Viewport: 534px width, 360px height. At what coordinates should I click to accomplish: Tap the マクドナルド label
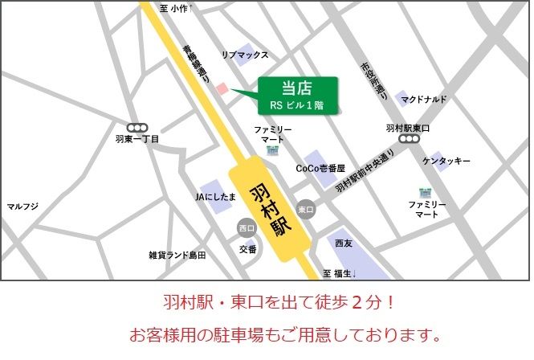click(x=425, y=100)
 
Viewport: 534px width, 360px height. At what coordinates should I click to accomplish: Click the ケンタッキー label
click(x=446, y=162)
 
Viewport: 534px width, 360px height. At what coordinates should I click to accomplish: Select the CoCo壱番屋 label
click(x=320, y=169)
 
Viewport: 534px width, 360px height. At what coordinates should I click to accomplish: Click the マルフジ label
click(x=22, y=207)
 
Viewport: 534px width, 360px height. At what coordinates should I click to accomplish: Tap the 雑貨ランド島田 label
click(x=177, y=256)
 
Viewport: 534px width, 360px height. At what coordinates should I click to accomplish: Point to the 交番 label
click(x=247, y=250)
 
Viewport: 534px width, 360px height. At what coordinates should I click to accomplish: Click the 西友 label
click(x=344, y=242)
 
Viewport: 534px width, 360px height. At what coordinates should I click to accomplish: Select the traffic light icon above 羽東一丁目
click(x=137, y=127)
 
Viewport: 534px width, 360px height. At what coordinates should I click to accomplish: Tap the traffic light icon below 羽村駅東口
click(x=410, y=140)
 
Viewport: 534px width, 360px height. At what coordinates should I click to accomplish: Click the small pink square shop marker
click(x=223, y=88)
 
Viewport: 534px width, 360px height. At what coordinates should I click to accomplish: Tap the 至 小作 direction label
click(x=173, y=8)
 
